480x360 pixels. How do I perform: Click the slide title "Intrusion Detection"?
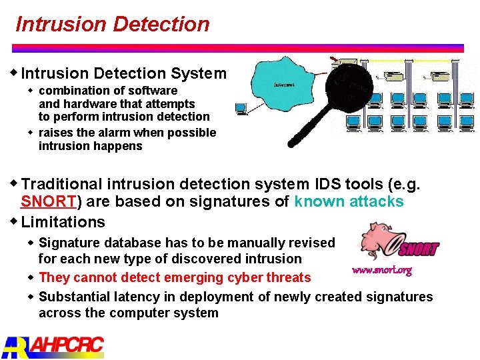[112, 25]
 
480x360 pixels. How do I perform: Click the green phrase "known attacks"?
[349, 202]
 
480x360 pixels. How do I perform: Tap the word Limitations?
[63, 222]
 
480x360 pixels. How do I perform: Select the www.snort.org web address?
[381, 271]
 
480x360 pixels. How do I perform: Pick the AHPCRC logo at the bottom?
[53, 346]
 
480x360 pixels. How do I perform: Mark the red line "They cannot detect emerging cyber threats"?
[175, 277]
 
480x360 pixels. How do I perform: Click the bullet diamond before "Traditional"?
[15, 183]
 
